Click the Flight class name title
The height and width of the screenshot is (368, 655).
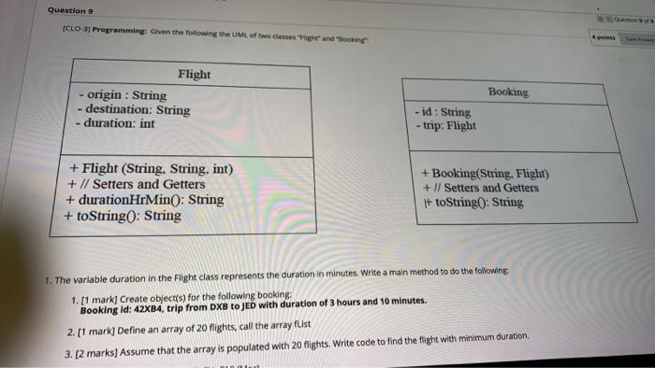(194, 74)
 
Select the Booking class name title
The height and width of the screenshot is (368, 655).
(508, 92)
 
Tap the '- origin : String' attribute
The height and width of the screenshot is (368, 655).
(122, 95)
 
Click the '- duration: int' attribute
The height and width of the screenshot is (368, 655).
(117, 123)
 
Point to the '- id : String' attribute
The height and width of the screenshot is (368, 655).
(443, 112)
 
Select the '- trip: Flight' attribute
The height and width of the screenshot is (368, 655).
(445, 125)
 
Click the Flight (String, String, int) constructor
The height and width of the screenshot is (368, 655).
(149, 169)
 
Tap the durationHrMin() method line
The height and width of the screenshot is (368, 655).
(144, 199)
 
